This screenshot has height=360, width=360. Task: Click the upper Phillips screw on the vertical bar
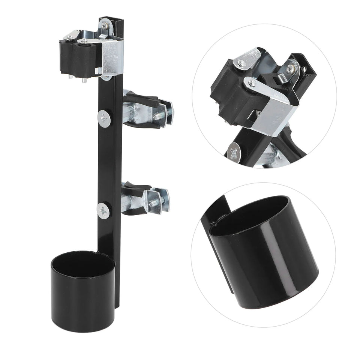104,119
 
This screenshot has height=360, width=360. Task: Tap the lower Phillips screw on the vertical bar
103,211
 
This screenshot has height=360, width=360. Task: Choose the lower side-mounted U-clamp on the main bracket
145,199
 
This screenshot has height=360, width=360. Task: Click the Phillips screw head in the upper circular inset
234,153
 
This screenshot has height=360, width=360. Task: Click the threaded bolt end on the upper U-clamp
157,117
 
